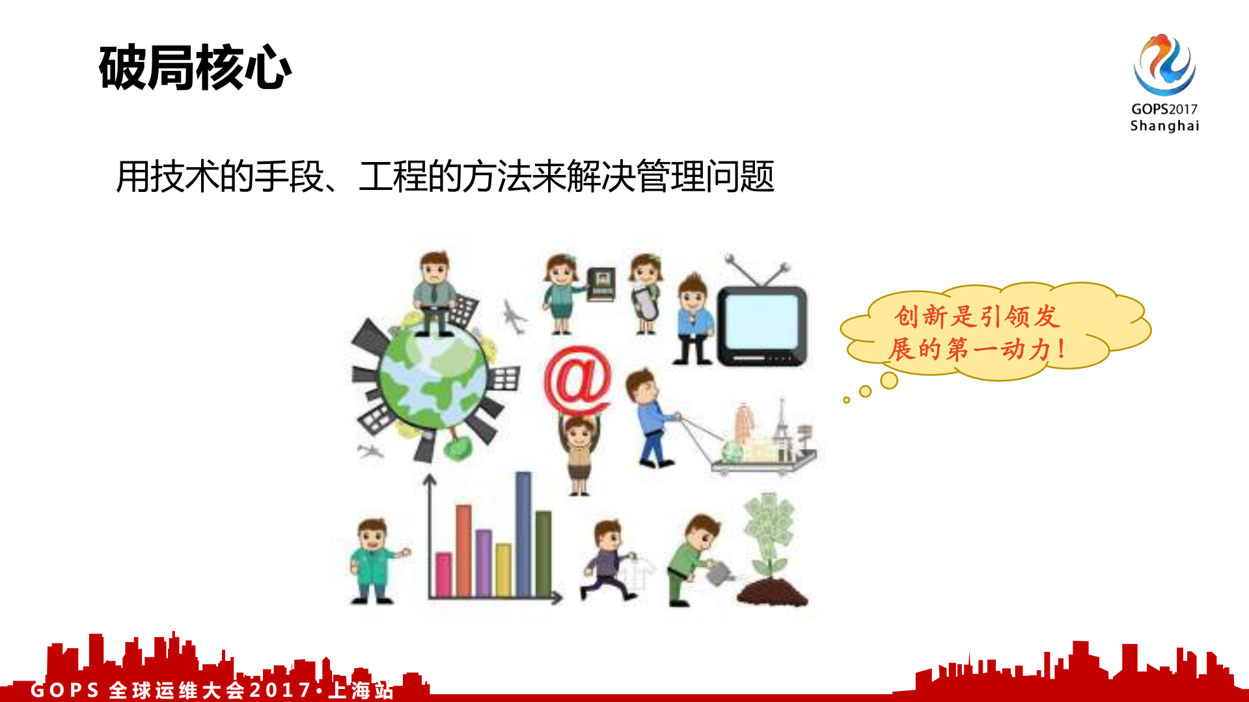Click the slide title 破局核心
195,68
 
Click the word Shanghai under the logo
1164,126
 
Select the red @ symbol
578,381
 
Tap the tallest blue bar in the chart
523,533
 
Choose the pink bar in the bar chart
443,574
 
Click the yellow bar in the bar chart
503,570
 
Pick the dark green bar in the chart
543,553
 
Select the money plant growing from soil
771,547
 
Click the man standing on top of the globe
434,293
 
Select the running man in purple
608,560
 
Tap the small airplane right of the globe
514,317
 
